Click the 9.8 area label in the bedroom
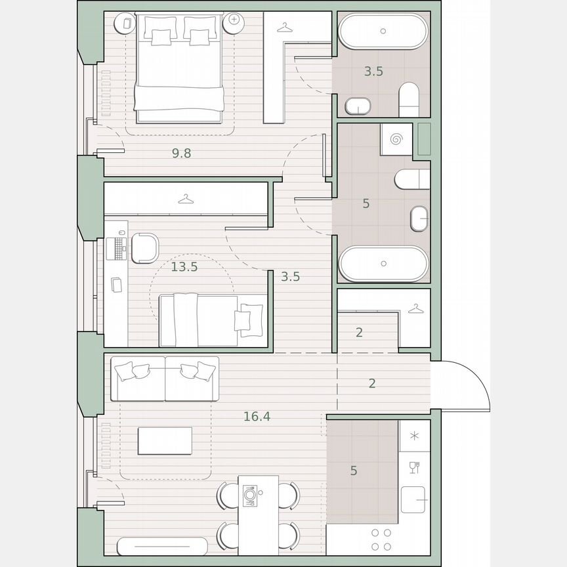pos(181,154)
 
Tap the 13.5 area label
pos(184,266)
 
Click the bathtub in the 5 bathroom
pos(383,264)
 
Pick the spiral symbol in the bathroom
pos(396,139)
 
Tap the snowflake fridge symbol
pos(414,436)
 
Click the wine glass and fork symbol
pos(414,467)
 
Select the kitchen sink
pos(414,501)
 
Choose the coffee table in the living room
pos(165,441)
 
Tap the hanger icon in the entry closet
pos(415,308)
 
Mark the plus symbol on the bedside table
pos(234,21)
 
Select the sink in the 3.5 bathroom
pos(358,105)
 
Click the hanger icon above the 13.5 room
pos(186,198)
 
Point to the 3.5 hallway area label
pos(290,276)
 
